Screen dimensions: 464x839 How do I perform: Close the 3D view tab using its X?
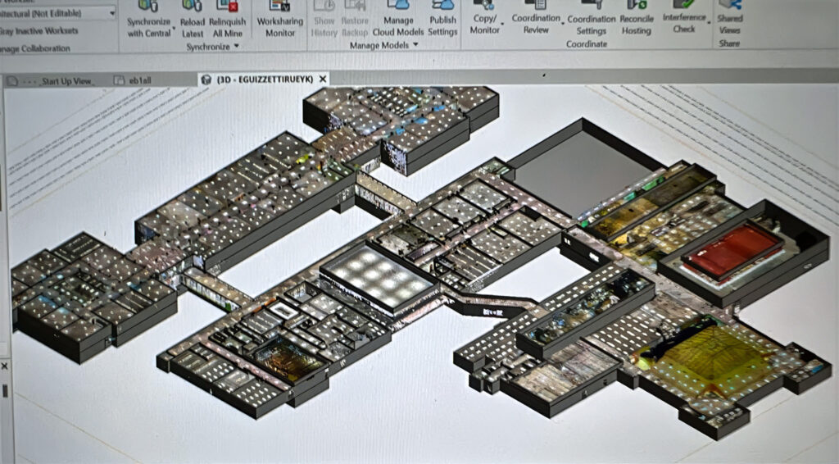pyautogui.click(x=323, y=80)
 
